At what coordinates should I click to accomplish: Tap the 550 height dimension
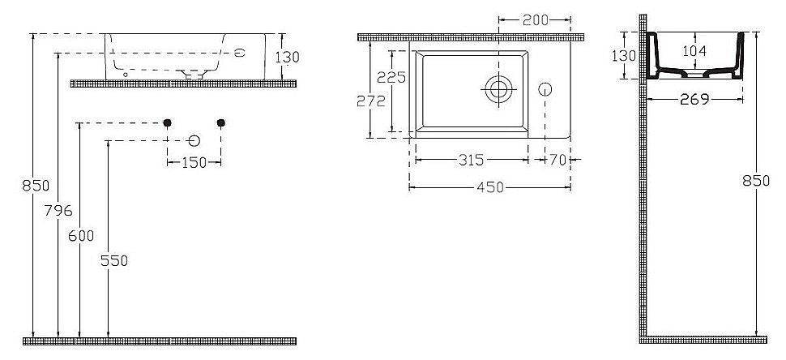point(114,260)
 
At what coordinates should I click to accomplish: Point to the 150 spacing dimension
point(194,163)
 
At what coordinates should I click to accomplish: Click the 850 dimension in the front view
point(36,185)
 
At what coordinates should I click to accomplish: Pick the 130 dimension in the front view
point(287,57)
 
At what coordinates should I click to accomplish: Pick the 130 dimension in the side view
point(623,55)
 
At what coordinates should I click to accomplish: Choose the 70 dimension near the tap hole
point(557,160)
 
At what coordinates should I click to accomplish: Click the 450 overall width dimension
point(489,187)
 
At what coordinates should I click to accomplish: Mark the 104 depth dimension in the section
point(694,51)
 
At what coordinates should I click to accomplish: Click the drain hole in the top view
point(498,88)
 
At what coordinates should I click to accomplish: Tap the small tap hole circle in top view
point(546,88)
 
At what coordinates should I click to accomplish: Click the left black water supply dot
point(167,122)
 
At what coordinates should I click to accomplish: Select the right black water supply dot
point(220,122)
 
